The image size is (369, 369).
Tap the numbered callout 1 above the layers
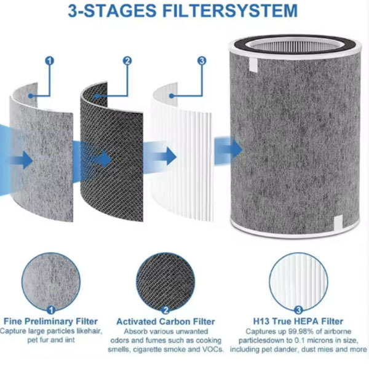point(49,61)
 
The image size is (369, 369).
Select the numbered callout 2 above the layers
point(127,61)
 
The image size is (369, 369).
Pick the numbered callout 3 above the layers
point(202,61)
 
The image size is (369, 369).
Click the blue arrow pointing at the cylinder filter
point(228,149)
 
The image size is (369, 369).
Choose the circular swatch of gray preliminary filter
point(51,282)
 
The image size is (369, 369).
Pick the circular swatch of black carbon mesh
point(165,282)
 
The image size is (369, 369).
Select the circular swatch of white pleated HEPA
point(298,282)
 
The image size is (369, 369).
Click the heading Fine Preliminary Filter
point(50,322)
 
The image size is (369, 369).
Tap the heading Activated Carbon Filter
point(165,322)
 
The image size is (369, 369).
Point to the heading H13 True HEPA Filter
point(298,322)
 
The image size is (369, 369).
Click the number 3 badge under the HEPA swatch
point(298,310)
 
